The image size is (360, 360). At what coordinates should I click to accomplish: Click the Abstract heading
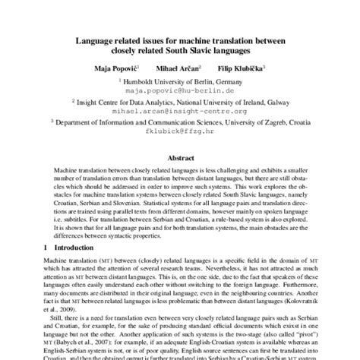(x=180, y=158)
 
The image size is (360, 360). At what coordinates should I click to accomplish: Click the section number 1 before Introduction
(x=46, y=248)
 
